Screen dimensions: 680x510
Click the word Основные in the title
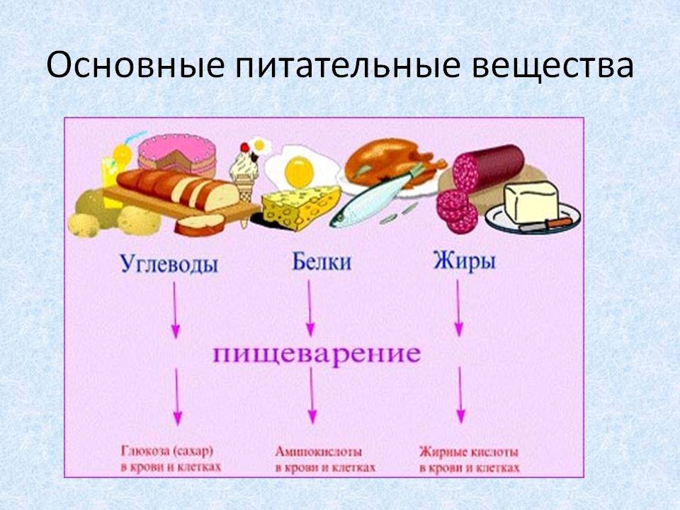[x=135, y=65]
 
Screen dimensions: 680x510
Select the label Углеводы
[x=169, y=263]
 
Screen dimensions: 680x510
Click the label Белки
[x=322, y=261]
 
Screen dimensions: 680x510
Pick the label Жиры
[x=464, y=261]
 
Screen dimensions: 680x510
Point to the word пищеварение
[x=317, y=354]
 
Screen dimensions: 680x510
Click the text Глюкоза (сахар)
[x=167, y=451]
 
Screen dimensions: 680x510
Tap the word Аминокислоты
[x=319, y=452]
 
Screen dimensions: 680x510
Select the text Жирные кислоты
[x=469, y=453]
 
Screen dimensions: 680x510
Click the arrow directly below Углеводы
[x=175, y=310]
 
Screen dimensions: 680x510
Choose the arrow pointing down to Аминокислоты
[x=312, y=395]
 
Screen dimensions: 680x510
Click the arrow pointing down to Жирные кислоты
[x=460, y=395]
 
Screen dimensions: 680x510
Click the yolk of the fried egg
[x=299, y=171]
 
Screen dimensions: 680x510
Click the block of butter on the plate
[x=531, y=201]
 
